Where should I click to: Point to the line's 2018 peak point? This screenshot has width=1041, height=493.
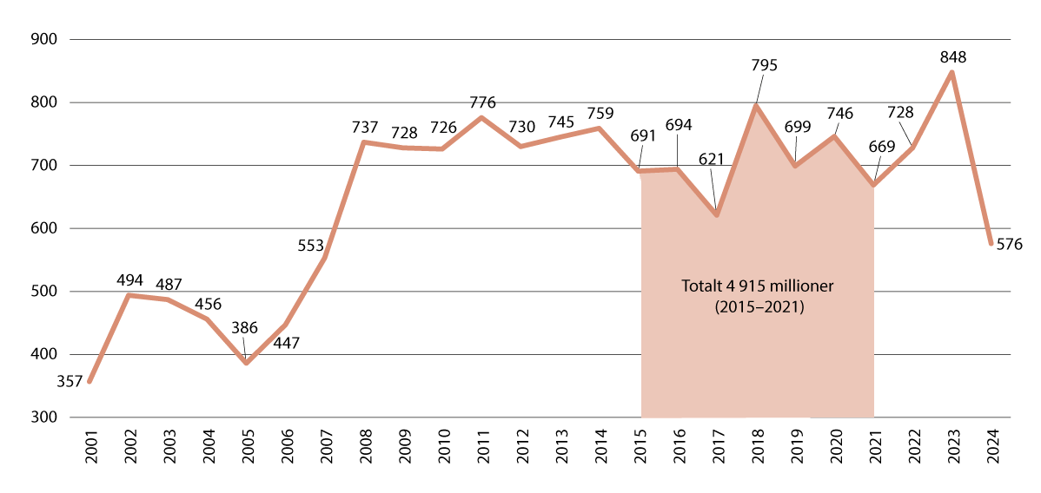click(x=756, y=106)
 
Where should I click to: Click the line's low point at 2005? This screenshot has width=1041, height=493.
click(x=246, y=363)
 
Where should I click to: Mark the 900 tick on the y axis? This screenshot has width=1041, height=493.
click(x=44, y=40)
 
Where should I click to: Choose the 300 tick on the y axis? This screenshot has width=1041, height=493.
click(x=44, y=417)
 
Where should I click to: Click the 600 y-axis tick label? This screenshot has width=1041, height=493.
click(x=44, y=228)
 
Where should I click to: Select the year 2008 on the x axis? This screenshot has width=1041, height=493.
click(x=364, y=451)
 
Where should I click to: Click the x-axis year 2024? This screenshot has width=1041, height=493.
click(x=992, y=451)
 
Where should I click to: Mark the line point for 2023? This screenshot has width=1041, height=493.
click(x=952, y=72)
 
